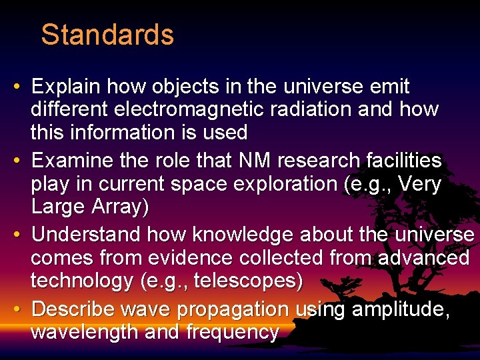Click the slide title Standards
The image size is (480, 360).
[107, 35]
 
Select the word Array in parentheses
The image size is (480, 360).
[120, 207]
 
